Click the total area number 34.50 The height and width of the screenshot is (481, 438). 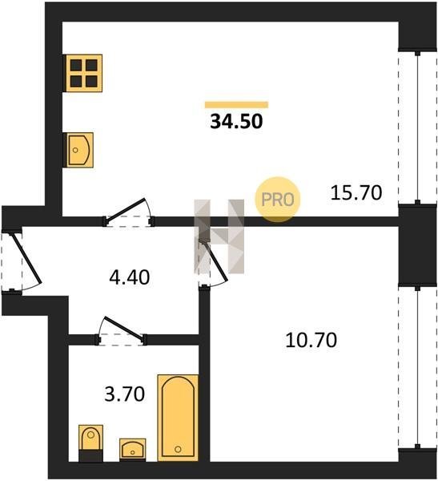[236, 121]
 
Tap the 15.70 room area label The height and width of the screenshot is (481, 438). [356, 193]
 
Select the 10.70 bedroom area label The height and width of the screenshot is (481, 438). [311, 340]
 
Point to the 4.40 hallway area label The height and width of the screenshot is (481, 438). [130, 277]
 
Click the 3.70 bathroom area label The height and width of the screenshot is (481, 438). [124, 394]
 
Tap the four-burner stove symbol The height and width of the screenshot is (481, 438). [84, 73]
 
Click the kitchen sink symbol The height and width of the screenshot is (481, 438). [79, 150]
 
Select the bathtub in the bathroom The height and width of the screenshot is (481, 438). [178, 418]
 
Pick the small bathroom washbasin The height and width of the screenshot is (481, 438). [132, 450]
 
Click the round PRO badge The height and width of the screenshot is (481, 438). [278, 200]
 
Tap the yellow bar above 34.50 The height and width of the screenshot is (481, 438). [236, 104]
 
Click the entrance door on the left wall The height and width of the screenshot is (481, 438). [26, 258]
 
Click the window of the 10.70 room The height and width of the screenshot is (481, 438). [417, 367]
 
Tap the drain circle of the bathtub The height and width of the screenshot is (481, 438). [178, 450]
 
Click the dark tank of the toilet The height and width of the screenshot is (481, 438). [90, 455]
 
